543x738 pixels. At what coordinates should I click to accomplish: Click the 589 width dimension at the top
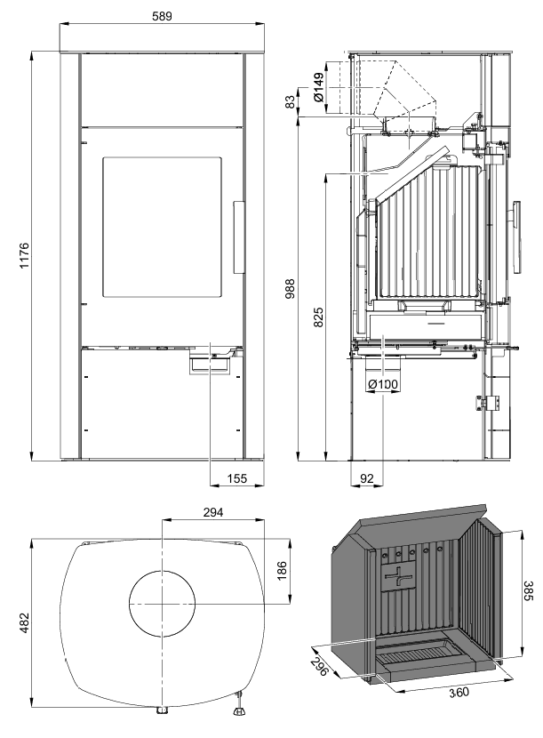click(x=161, y=15)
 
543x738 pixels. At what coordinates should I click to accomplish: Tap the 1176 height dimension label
click(x=24, y=256)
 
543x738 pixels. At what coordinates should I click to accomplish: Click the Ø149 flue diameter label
click(x=318, y=86)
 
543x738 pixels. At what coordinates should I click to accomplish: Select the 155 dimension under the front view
click(x=236, y=477)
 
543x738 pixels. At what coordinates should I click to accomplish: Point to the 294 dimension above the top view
click(x=212, y=513)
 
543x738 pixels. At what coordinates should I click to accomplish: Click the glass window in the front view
click(x=162, y=228)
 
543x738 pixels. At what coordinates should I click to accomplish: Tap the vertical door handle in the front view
click(x=237, y=237)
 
